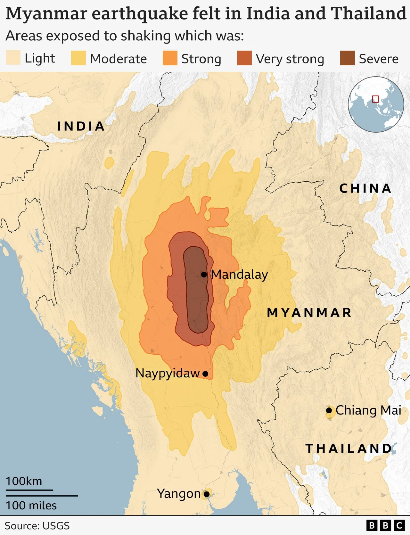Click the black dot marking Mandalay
pyautogui.click(x=204, y=275)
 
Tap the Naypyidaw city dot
pyautogui.click(x=205, y=374)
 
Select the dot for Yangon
pyautogui.click(x=207, y=494)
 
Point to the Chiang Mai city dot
pyautogui.click(x=329, y=410)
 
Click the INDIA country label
pyautogui.click(x=81, y=126)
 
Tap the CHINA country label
pyautogui.click(x=365, y=188)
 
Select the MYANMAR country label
pyautogui.click(x=309, y=313)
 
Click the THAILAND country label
pyautogui.click(x=348, y=449)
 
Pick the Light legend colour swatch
pyautogui.click(x=13, y=58)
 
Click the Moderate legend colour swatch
pyautogui.click(x=78, y=58)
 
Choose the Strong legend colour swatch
pyautogui.click(x=170, y=58)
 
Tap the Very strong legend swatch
pyautogui.click(x=244, y=58)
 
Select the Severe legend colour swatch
pyautogui.click(x=347, y=58)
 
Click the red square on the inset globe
pyautogui.click(x=375, y=99)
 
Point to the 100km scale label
pyautogui.click(x=24, y=481)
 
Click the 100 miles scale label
pyautogui.click(x=31, y=506)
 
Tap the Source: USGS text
pyautogui.click(x=37, y=526)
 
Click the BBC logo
pyautogui.click(x=385, y=526)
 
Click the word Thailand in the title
pyautogui.click(x=368, y=13)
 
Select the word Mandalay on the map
pyautogui.click(x=239, y=275)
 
